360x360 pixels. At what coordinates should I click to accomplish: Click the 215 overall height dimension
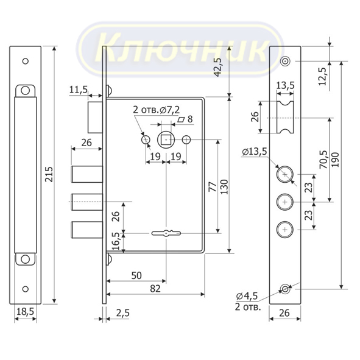pyautogui.click(x=49, y=174)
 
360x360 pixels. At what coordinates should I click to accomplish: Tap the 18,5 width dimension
pyautogui.click(x=25, y=311)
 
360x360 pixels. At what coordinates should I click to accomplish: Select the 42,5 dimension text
pyautogui.click(x=217, y=67)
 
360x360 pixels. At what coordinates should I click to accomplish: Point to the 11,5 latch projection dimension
pyautogui.click(x=79, y=90)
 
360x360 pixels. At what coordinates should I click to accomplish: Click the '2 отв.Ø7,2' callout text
pyautogui.click(x=157, y=110)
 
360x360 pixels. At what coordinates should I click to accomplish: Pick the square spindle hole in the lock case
pyautogui.click(x=166, y=139)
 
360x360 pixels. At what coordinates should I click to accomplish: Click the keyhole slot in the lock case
pyautogui.click(x=166, y=233)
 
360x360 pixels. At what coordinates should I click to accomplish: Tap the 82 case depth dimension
pyautogui.click(x=155, y=289)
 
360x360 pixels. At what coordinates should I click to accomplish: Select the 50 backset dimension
pyautogui.click(x=136, y=275)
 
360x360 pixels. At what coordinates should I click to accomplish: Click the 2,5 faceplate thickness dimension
pyautogui.click(x=123, y=312)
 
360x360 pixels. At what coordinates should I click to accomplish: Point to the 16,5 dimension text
pyautogui.click(x=116, y=241)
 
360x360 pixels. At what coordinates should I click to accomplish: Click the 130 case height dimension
pyautogui.click(x=224, y=186)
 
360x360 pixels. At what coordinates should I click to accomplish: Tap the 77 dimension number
pyautogui.click(x=213, y=186)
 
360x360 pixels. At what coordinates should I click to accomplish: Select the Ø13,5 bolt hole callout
pyautogui.click(x=255, y=151)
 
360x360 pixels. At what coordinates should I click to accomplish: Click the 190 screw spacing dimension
pyautogui.click(x=335, y=160)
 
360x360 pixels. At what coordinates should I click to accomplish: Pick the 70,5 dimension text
pyautogui.click(x=323, y=160)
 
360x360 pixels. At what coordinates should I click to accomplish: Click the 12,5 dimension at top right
pyautogui.click(x=322, y=77)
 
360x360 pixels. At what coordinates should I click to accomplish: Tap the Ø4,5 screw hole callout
pyautogui.click(x=247, y=296)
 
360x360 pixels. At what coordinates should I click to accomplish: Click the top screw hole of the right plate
pyautogui.click(x=285, y=62)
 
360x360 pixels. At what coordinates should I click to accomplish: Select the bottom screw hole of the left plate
pyautogui.click(x=25, y=289)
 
